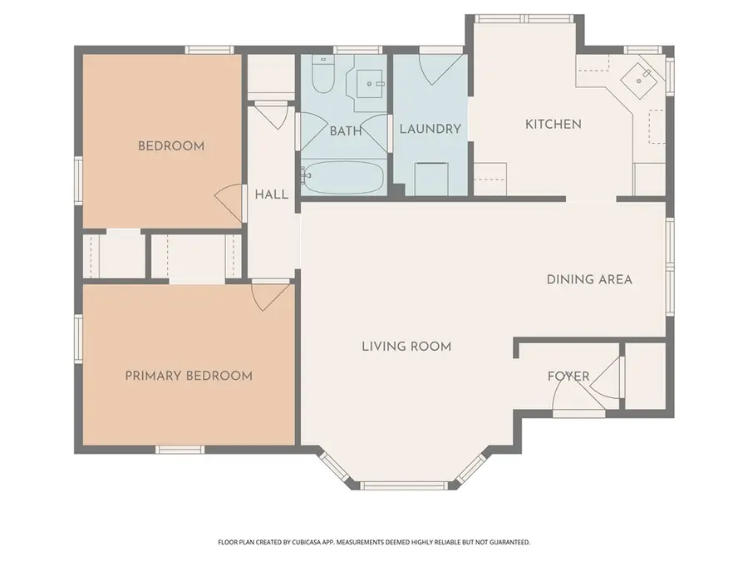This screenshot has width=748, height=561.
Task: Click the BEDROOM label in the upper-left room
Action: click(170, 146)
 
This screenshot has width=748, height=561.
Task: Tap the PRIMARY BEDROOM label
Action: click(189, 376)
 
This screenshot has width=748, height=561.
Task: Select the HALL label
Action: click(272, 194)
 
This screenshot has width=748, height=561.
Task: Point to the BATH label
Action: click(345, 130)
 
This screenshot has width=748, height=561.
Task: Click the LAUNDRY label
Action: click(430, 129)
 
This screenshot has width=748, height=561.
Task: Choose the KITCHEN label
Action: click(553, 124)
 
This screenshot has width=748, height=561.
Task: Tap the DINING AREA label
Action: click(589, 279)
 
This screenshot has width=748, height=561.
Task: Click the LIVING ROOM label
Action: click(406, 346)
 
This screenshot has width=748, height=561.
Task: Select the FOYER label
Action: click(568, 376)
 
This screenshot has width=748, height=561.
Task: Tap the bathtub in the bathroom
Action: click(342, 178)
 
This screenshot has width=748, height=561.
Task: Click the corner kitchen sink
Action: click(642, 78)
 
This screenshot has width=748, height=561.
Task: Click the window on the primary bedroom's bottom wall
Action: click(180, 450)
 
